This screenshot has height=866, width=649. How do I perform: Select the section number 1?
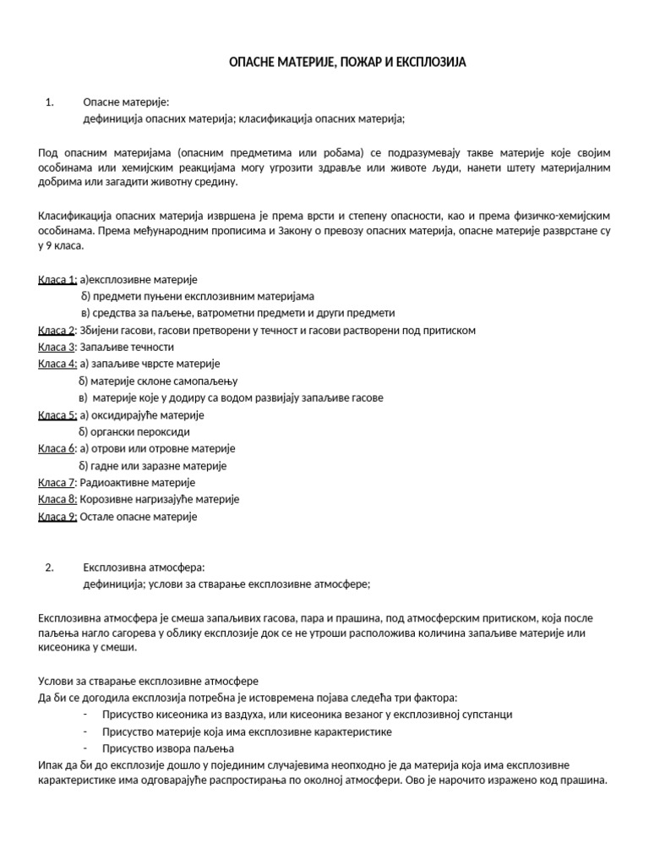point(48,102)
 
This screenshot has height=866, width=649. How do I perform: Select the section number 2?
point(48,567)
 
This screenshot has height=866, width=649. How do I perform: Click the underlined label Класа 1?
point(57,279)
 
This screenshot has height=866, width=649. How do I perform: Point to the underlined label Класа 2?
point(57,330)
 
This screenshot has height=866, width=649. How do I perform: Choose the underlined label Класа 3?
point(57,347)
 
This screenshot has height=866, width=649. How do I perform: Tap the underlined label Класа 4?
point(57,364)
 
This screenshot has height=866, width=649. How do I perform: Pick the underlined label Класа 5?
point(57,415)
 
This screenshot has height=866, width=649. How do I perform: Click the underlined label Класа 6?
point(57,448)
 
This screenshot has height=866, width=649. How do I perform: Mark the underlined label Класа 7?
point(57,482)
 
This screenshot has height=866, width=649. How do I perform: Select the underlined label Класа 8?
point(57,499)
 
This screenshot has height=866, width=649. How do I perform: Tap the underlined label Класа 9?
point(57,516)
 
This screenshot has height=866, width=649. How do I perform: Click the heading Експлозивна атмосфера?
point(144,567)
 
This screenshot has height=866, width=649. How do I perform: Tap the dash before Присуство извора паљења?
point(86,748)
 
